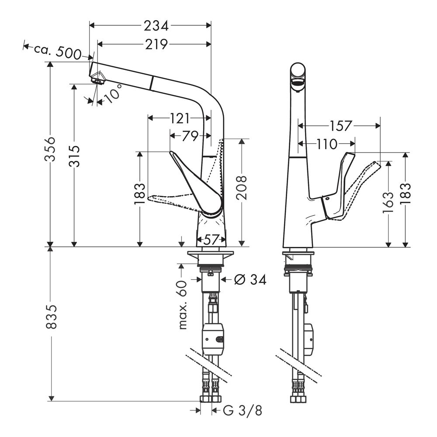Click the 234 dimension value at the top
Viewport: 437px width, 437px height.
coord(156,26)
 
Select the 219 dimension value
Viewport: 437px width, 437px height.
coord(156,44)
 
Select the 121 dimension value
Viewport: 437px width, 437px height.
coord(179,118)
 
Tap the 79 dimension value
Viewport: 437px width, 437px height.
coord(190,136)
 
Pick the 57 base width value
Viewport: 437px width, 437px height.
coord(212,239)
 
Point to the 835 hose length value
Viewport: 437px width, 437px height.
coord(52,317)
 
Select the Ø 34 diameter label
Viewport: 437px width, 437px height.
coord(250,279)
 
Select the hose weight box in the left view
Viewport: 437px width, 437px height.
coord(213,339)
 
